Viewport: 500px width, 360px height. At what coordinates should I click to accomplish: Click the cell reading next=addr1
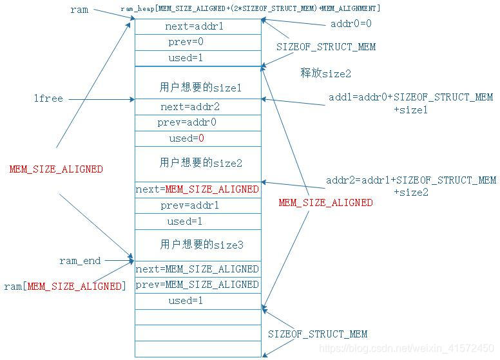[198, 27]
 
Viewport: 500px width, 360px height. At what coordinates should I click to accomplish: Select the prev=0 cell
[198, 43]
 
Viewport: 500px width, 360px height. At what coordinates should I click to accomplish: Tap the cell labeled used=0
[198, 138]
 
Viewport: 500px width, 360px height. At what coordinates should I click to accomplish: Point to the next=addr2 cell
[198, 107]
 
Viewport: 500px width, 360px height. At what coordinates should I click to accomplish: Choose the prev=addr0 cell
[198, 122]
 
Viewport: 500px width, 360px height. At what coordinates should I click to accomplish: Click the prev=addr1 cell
[198, 205]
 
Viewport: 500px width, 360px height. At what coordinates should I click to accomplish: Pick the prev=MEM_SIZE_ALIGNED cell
[198, 285]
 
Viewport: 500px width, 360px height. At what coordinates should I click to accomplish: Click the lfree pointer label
[48, 99]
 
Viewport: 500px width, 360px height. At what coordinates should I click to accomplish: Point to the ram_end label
[80, 261]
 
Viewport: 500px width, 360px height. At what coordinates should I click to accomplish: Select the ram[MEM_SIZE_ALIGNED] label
[65, 286]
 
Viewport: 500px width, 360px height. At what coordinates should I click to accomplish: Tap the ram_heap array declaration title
[250, 8]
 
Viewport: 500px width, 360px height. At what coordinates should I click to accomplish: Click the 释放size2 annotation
[326, 73]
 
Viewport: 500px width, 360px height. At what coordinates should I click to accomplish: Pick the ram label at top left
[79, 10]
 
